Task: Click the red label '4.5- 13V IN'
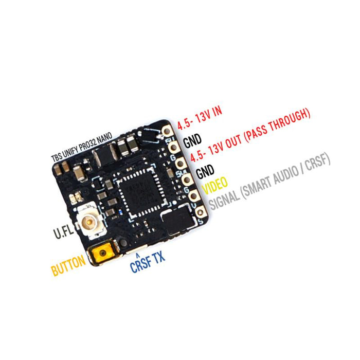click(x=200, y=118)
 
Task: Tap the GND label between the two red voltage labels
click(x=192, y=139)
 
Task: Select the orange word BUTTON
click(x=68, y=266)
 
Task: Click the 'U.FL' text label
click(x=64, y=232)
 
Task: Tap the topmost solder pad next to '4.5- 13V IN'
click(x=168, y=132)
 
